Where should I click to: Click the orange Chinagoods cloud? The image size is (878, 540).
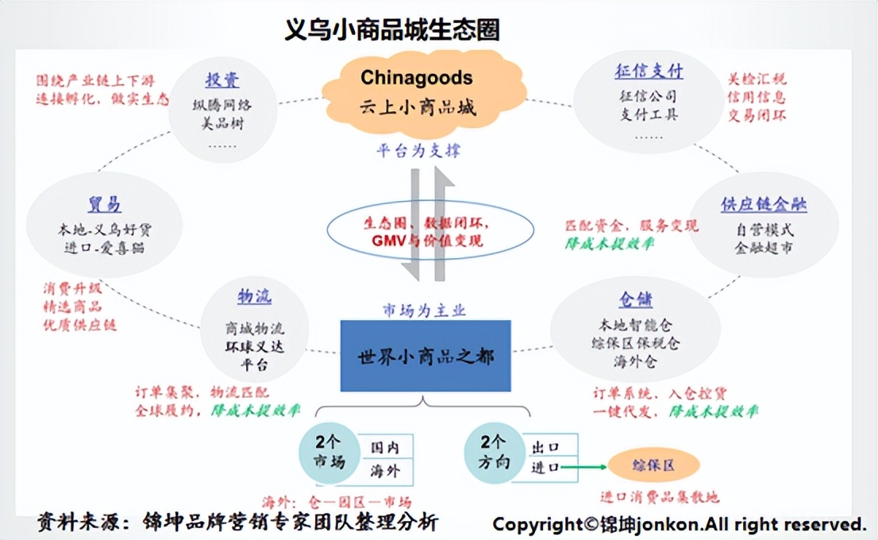pos(418,92)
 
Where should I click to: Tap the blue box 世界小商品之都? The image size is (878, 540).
pos(426,356)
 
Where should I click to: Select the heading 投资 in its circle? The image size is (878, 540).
pos(222,80)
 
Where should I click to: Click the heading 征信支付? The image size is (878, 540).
pos(649,71)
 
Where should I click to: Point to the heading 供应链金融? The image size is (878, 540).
pos(764,205)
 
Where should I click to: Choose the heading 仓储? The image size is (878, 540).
pos(635,300)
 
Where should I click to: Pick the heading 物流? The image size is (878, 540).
pos(254,297)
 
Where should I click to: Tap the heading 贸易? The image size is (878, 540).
pos(104,205)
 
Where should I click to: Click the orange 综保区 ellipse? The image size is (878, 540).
pos(653,465)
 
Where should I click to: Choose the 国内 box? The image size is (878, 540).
pos(386,447)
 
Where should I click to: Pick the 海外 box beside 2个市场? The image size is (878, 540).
pos(386,471)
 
